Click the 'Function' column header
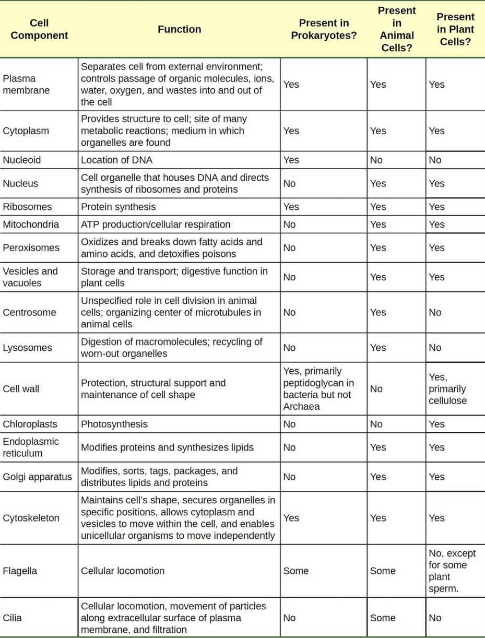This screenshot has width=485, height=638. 179,29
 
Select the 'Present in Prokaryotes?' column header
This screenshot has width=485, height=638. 324,29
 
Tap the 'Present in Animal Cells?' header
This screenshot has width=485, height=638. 396,29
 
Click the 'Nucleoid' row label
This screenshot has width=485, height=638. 21,160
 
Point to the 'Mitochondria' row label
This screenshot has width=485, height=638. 31,225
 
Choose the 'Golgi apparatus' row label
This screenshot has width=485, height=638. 38,477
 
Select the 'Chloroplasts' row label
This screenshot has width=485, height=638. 30,424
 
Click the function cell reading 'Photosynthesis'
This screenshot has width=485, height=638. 114,424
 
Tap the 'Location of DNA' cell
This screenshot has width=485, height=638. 116,160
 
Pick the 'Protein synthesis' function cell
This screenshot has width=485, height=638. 118,207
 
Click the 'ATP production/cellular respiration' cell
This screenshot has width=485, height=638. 156,225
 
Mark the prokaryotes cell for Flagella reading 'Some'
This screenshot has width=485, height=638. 295,571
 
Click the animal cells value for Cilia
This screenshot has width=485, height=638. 383,618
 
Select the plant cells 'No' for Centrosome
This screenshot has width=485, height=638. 435,312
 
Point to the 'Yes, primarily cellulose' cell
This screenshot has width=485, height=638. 447,388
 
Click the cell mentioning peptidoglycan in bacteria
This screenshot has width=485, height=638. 318,388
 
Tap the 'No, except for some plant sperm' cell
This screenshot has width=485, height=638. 452,571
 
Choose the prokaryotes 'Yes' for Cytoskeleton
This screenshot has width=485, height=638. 291,518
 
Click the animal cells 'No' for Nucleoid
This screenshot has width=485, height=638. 376,160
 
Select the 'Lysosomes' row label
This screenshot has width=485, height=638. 27,348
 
